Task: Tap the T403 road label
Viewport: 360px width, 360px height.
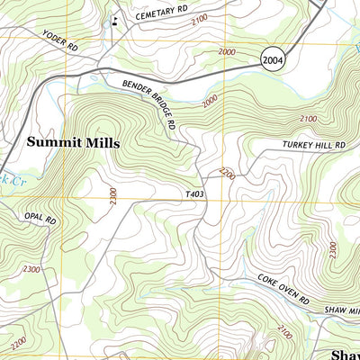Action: tap(195, 193)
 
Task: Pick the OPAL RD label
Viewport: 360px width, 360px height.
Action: tap(40, 219)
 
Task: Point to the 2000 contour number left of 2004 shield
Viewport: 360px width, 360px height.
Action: tap(227, 52)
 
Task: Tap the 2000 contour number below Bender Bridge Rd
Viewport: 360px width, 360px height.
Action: tap(210, 103)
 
